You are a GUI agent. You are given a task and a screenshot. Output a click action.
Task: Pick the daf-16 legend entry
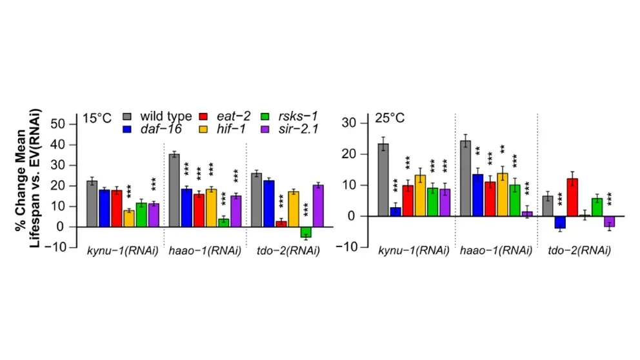pyautogui.click(x=158, y=130)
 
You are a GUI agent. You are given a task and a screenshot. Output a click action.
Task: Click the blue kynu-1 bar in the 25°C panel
pyautogui.click(x=396, y=212)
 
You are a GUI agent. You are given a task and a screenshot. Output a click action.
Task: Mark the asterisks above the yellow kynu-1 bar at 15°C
pyautogui.click(x=129, y=191)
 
